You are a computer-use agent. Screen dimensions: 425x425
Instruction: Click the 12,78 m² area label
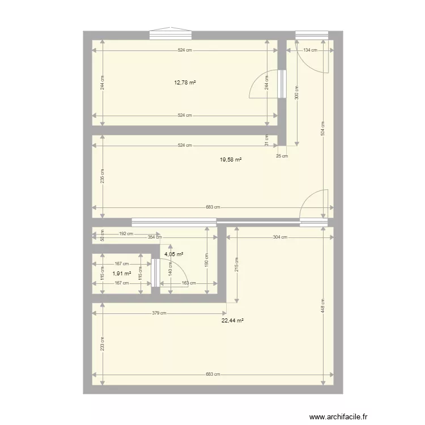click(x=185, y=83)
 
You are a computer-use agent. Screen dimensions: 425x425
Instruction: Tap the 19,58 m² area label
click(x=231, y=160)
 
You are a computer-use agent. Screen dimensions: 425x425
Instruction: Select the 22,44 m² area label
click(x=232, y=321)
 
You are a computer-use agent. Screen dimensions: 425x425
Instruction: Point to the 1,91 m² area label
click(x=121, y=274)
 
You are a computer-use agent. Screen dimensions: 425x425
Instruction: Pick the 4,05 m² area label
click(x=174, y=254)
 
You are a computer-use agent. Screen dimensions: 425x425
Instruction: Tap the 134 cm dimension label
click(x=310, y=50)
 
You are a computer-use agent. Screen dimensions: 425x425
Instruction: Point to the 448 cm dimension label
click(x=323, y=306)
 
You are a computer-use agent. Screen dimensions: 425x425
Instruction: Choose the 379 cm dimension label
click(x=159, y=313)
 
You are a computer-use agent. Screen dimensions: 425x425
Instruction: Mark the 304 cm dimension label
click(x=280, y=237)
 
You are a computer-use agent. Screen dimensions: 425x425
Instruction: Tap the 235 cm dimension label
click(x=102, y=176)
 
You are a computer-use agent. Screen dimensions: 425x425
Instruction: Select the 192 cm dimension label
click(x=126, y=233)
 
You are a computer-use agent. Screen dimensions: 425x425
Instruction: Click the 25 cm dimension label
click(x=282, y=156)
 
